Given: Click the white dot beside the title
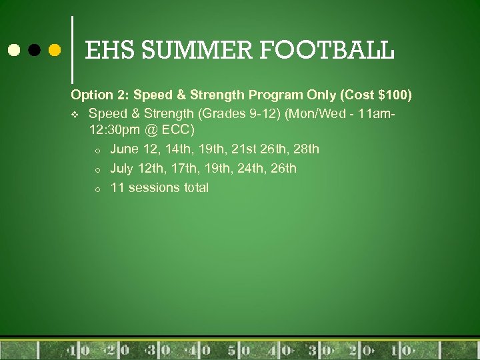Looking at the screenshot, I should click(x=13, y=50).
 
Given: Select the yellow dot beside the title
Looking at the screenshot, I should click(x=55, y=50).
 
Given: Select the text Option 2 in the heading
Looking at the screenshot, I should click(x=96, y=95).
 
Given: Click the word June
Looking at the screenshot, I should click(x=125, y=149).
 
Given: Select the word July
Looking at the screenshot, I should click(x=123, y=168).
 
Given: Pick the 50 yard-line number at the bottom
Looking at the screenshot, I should click(x=239, y=350).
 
